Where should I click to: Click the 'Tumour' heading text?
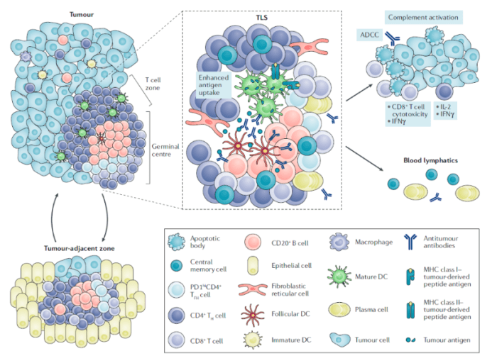pos(82,15)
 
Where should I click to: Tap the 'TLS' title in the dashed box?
pos(262,18)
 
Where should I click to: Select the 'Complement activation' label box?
pos(423,18)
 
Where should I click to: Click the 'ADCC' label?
pos(369,35)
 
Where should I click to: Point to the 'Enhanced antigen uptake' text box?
pos(213,85)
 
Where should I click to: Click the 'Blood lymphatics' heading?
pos(430,160)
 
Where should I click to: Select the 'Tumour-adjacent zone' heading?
pos(80,248)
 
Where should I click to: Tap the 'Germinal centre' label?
pos(165,150)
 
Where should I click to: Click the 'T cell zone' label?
pos(153,84)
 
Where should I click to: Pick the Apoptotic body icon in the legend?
pos(177,242)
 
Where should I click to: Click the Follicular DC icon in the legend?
pos(253,315)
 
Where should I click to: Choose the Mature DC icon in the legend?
pos(339,277)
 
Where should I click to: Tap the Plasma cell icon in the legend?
pos(339,310)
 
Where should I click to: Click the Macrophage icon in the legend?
pos(339,242)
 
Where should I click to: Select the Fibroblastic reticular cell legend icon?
pos(253,289)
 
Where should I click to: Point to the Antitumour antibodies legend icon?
pos(410,242)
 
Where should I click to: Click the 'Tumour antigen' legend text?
pos(447,340)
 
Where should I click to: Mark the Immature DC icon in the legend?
pos(253,340)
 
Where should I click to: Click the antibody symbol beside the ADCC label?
pos(392,38)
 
